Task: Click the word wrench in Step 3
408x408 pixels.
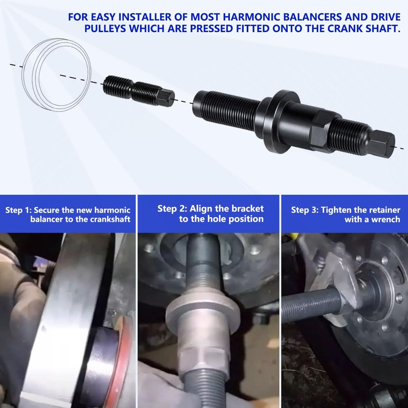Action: [x=386, y=220]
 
